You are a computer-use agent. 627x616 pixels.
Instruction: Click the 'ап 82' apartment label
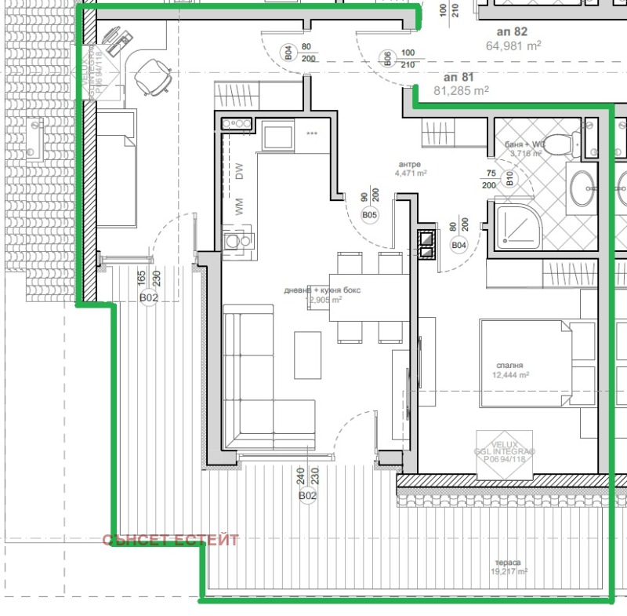click(512, 32)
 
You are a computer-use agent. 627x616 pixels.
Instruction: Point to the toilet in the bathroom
click(557, 144)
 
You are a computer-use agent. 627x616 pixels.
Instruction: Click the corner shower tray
click(516, 224)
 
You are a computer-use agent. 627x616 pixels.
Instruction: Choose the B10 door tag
click(509, 180)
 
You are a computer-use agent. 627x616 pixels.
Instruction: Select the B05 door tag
click(368, 214)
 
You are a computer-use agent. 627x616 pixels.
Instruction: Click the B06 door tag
click(386, 57)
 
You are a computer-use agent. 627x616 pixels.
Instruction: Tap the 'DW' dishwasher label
click(240, 171)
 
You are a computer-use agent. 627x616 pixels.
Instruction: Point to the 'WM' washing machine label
click(240, 208)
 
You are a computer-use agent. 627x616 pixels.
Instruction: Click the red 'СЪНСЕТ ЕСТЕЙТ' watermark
click(170, 540)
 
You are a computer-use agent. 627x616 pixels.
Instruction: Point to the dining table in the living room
click(368, 298)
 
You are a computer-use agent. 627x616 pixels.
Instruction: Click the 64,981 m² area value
click(514, 46)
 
